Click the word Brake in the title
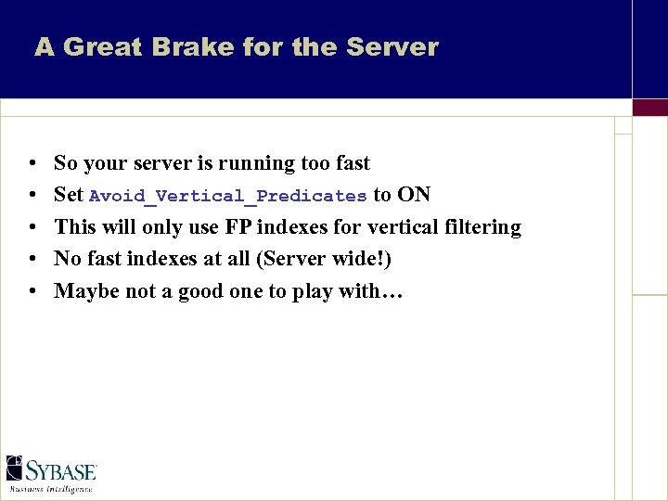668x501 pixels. (x=173, y=47)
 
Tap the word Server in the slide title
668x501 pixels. (x=391, y=47)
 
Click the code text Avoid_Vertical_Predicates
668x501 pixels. (x=227, y=196)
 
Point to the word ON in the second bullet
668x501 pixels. (x=414, y=195)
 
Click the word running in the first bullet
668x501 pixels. (x=257, y=164)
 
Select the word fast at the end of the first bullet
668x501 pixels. (x=353, y=163)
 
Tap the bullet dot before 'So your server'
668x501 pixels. (x=32, y=164)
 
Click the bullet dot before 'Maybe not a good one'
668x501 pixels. (x=32, y=291)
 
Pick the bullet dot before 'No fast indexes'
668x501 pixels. (x=32, y=259)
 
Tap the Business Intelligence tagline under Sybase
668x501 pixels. (x=51, y=488)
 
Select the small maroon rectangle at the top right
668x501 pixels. (x=649, y=107)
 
